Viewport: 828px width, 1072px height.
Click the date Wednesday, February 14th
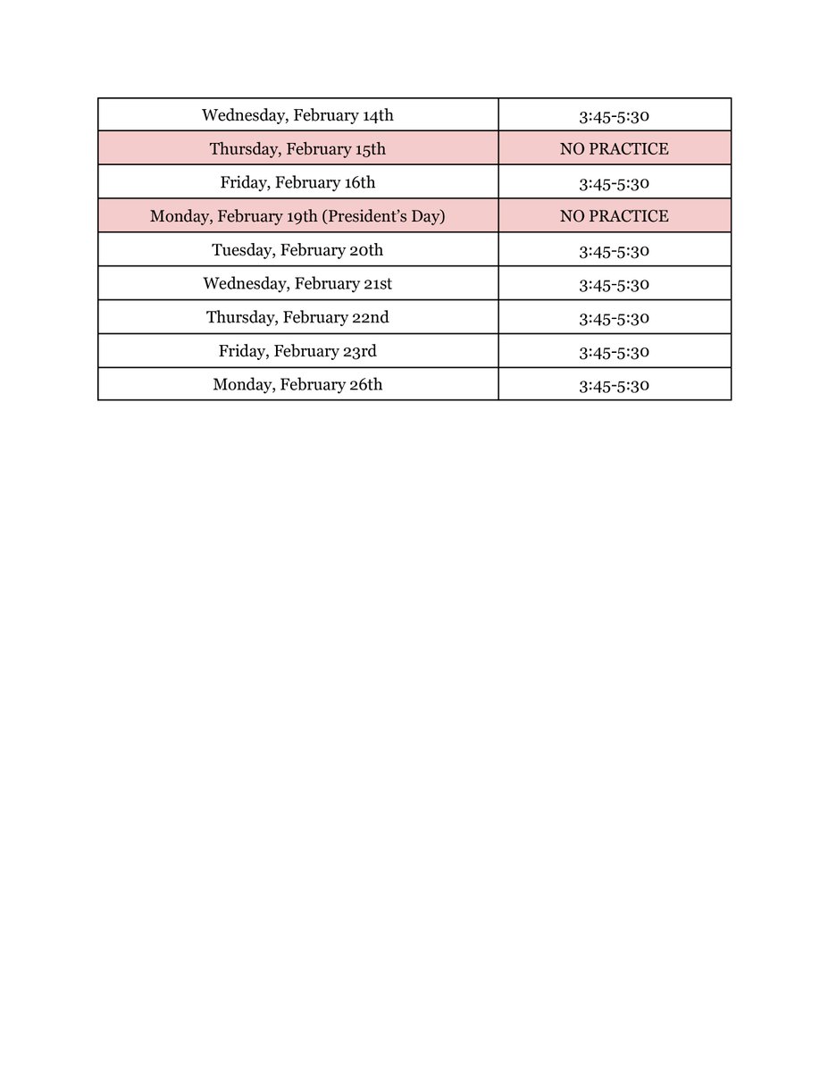(297, 115)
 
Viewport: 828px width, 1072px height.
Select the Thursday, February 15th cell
(297, 149)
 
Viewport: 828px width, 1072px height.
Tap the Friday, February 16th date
(297, 183)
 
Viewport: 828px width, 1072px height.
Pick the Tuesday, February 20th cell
(297, 251)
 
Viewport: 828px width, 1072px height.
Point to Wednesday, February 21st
(297, 285)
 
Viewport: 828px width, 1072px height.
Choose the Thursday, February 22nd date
(297, 318)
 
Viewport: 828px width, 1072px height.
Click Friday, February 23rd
(297, 352)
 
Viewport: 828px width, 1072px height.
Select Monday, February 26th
(297, 386)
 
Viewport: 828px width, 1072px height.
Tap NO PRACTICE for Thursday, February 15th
(614, 149)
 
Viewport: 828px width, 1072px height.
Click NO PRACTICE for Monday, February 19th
(614, 217)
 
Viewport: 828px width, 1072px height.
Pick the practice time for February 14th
(614, 115)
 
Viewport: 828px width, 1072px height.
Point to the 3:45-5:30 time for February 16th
(614, 183)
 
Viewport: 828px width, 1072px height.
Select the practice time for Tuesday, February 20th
(614, 251)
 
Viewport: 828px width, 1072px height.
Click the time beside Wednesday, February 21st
(614, 285)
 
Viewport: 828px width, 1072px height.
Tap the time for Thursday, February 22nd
(614, 318)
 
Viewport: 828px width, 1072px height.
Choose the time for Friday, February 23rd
(614, 352)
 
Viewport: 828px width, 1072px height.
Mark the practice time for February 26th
(614, 386)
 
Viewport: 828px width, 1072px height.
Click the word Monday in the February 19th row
(179, 217)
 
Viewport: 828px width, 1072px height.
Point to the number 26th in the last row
(366, 386)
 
